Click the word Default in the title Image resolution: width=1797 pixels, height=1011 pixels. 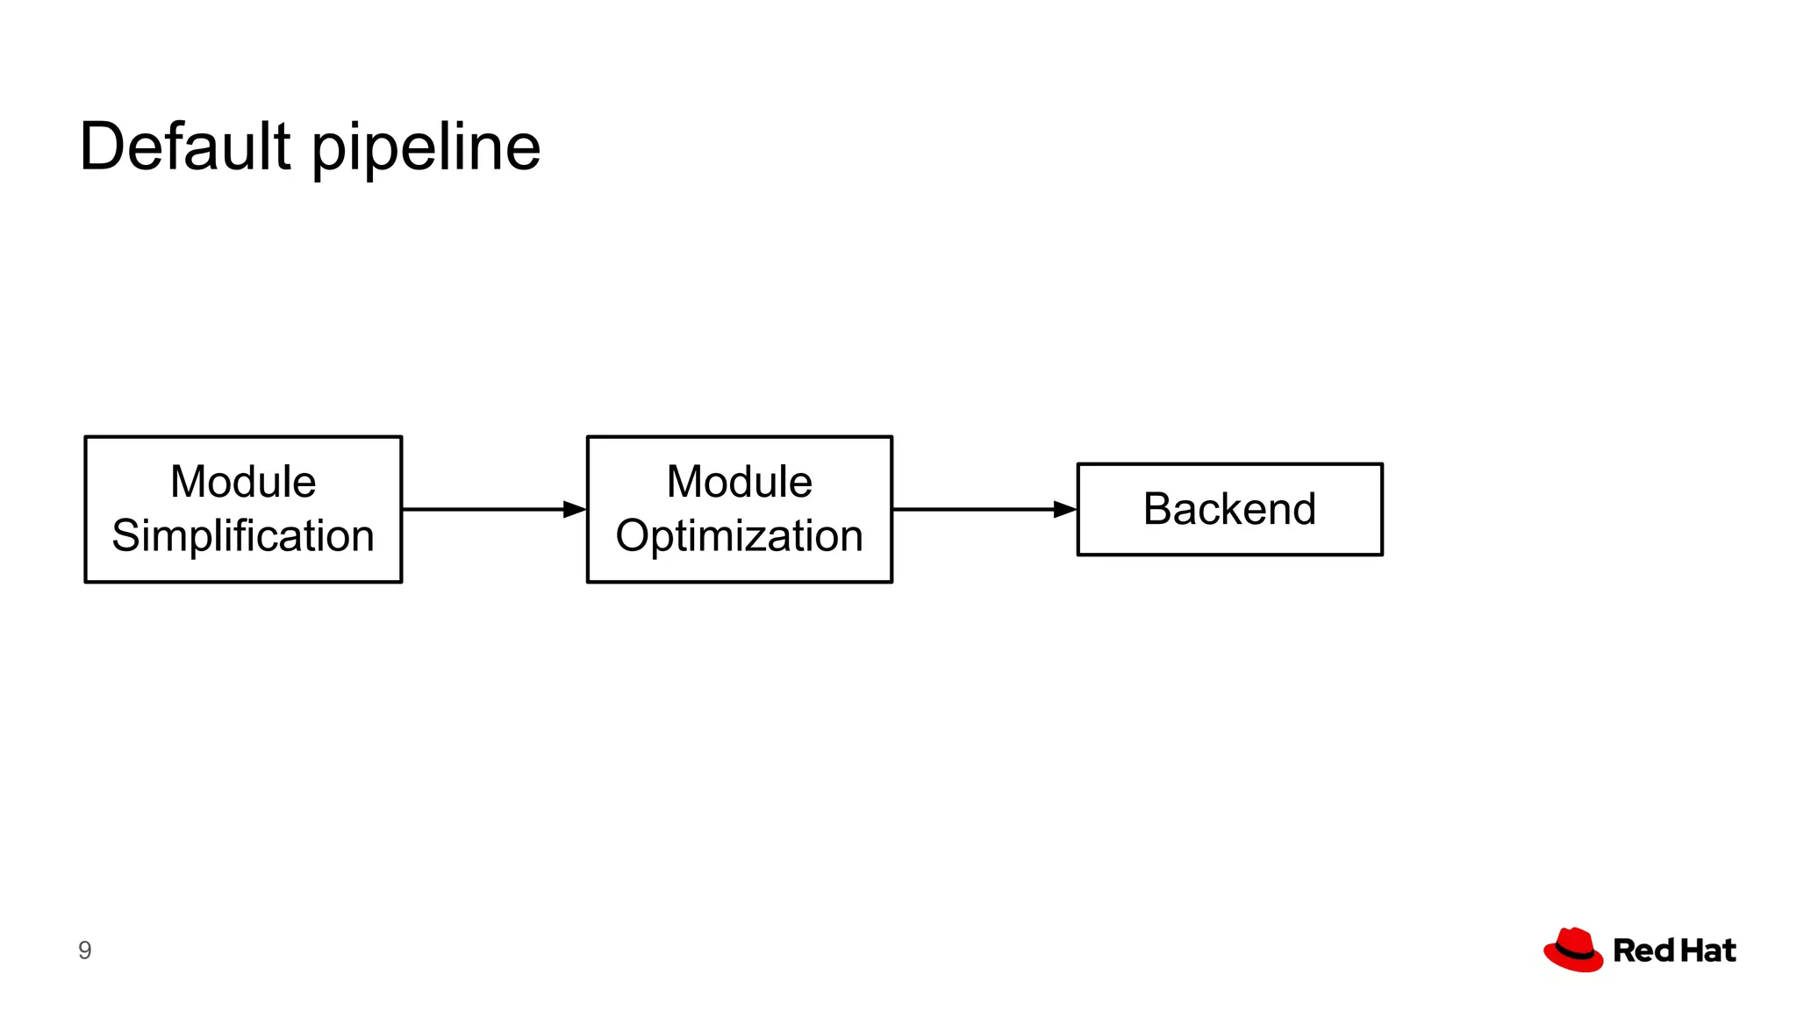(x=184, y=147)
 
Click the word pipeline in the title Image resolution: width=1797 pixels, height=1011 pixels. (x=426, y=149)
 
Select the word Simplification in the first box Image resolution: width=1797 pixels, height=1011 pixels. (x=243, y=536)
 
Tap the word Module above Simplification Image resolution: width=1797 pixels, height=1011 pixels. (x=243, y=482)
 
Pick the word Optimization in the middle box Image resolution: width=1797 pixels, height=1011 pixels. (x=739, y=536)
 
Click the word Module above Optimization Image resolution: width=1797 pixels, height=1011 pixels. (x=739, y=482)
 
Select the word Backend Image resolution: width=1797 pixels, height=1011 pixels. (x=1229, y=509)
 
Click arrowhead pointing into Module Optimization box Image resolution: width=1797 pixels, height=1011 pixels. (x=575, y=509)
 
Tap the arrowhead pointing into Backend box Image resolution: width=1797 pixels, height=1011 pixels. (x=1064, y=509)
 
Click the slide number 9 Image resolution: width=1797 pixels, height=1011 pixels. (x=84, y=950)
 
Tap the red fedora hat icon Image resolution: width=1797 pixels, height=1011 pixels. (x=1573, y=950)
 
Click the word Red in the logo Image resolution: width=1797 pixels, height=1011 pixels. (x=1643, y=950)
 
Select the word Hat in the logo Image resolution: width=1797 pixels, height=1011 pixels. (x=1708, y=950)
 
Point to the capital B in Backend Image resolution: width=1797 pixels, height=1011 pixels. (x=1159, y=509)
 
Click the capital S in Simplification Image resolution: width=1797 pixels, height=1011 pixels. (x=126, y=535)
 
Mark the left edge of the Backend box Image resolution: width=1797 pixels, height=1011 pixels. (x=1078, y=509)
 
